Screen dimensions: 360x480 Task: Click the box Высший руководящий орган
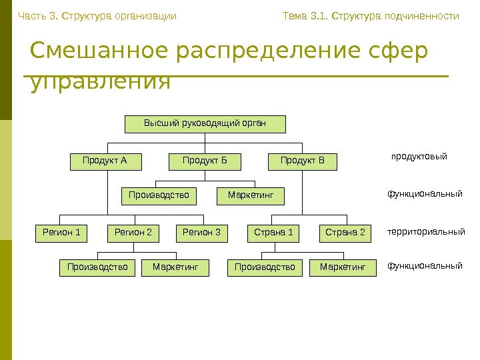[205, 124]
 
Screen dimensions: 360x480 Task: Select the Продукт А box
[104, 161]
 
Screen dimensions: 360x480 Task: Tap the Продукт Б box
[205, 161]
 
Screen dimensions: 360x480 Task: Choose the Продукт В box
[303, 161]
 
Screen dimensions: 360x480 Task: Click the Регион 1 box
[61, 233]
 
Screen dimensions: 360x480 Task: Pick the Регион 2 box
[133, 233]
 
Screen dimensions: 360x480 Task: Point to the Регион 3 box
[202, 233]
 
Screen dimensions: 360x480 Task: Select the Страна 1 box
[273, 233]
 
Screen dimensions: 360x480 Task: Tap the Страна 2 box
[345, 233]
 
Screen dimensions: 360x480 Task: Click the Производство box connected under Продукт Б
[159, 196]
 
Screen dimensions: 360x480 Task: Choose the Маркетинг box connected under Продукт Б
[251, 196]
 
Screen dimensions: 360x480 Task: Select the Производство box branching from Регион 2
[97, 268]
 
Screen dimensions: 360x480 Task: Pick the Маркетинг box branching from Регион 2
[176, 268]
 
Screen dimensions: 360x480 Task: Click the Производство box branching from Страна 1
[265, 268]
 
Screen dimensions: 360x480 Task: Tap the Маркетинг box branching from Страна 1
[343, 268]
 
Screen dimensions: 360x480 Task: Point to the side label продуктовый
[419, 157]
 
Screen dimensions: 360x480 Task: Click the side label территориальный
[426, 233]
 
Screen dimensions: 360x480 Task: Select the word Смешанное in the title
[99, 51]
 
